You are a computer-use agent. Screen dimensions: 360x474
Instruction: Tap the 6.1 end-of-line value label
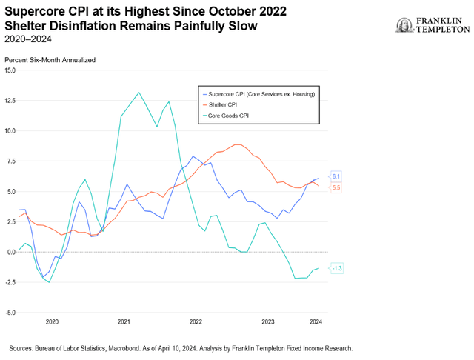click(x=336, y=176)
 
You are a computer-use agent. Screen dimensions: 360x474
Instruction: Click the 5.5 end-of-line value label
click(x=336, y=188)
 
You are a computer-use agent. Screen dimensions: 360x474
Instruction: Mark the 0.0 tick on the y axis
click(x=10, y=252)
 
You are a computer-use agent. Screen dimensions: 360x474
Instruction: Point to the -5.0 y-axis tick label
click(x=10, y=313)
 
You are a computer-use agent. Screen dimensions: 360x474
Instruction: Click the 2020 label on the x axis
click(x=52, y=323)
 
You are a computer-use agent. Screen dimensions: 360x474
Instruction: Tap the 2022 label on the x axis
click(x=196, y=323)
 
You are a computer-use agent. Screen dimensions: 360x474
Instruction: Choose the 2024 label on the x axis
click(x=315, y=323)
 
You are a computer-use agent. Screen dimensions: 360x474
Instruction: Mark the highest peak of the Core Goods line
click(x=138, y=93)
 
